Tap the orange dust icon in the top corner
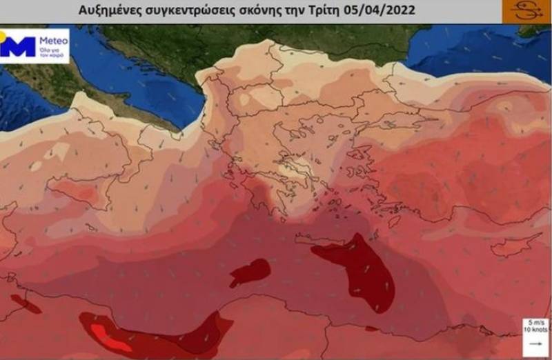(x=526, y=12)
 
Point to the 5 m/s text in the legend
(x=535, y=323)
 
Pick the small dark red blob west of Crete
(x=250, y=271)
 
